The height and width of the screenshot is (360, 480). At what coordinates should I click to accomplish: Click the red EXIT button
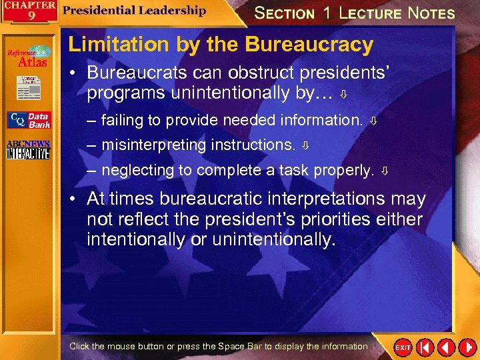tap(403, 347)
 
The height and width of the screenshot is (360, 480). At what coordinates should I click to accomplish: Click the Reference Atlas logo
tap(29, 57)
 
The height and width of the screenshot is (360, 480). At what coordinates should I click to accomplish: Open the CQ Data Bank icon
tap(29, 120)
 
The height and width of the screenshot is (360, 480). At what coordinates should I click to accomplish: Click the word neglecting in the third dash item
tap(136, 170)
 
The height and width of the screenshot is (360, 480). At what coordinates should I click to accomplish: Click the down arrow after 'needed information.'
tap(374, 121)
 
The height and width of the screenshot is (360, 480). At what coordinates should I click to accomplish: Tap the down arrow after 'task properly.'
tap(385, 171)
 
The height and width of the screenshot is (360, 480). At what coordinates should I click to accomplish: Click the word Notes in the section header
tap(431, 13)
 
